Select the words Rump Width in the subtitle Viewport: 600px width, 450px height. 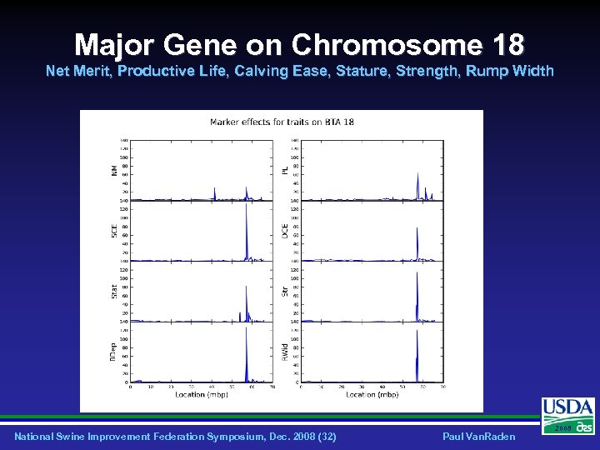pyautogui.click(x=518, y=71)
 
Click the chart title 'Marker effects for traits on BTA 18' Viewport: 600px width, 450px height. pyautogui.click(x=282, y=122)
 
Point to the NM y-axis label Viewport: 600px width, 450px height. pyautogui.click(x=114, y=169)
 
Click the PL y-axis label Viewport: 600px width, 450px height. pyautogui.click(x=285, y=169)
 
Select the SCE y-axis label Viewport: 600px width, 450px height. pyautogui.click(x=114, y=230)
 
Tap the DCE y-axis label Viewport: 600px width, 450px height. pyautogui.click(x=285, y=230)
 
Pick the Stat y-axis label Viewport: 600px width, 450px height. pyautogui.click(x=114, y=291)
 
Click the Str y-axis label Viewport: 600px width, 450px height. pyautogui.click(x=285, y=291)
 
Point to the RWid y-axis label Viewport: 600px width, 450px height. pyautogui.click(x=285, y=352)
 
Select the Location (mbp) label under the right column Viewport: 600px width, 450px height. pyautogui.click(x=372, y=394)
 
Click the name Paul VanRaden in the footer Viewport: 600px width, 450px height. pyautogui.click(x=478, y=437)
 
